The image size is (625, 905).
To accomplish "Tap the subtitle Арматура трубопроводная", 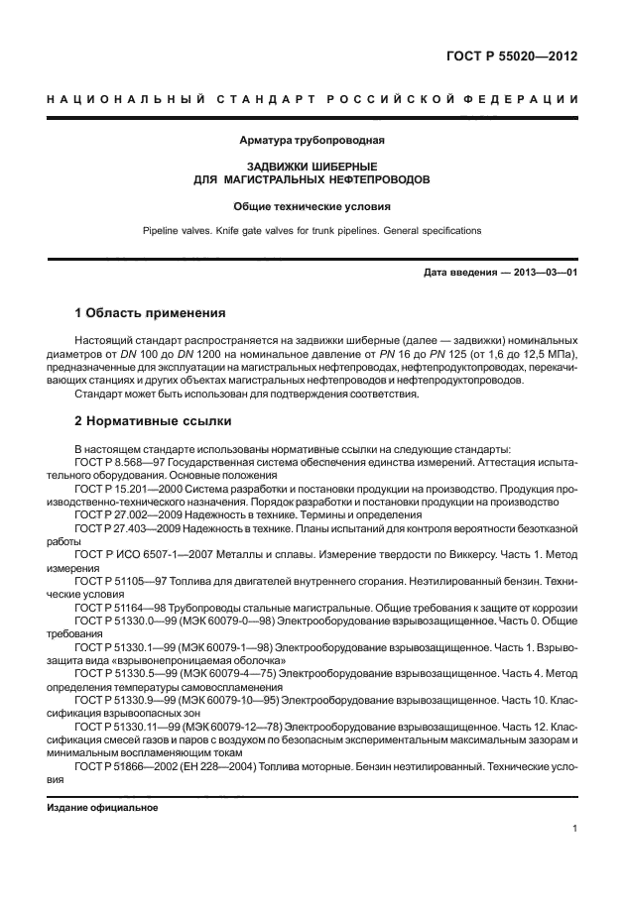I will click(x=312, y=141).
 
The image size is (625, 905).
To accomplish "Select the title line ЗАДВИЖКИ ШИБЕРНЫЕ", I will click(x=312, y=168).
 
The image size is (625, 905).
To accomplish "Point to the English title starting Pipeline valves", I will click(x=312, y=230).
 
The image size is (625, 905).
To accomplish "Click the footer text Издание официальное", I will click(x=103, y=808).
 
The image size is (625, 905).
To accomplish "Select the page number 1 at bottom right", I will click(x=574, y=831).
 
